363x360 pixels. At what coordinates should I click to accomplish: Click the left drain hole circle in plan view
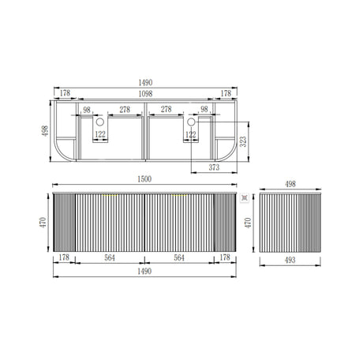[101, 123]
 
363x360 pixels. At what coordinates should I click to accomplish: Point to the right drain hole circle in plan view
[191, 123]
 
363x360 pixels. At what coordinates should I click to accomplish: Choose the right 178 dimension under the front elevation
[225, 257]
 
